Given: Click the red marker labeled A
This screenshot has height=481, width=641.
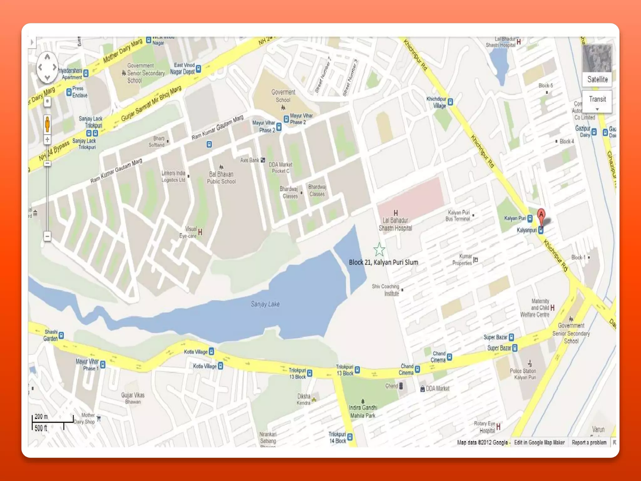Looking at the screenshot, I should (x=541, y=215).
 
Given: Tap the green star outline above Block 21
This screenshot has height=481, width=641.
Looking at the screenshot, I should (x=379, y=249).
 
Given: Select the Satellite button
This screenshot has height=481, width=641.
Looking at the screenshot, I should (x=597, y=79).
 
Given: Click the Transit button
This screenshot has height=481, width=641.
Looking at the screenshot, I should (x=597, y=100).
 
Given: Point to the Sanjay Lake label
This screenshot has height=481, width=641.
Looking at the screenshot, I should (x=265, y=304).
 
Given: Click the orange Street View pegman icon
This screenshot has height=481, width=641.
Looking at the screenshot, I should (x=47, y=124).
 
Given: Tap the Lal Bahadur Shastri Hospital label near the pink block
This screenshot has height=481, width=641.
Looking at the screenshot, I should (x=395, y=224).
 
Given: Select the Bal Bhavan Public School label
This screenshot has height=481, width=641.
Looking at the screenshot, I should (x=221, y=178).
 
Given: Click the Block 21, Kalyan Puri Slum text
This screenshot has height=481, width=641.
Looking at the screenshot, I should (x=383, y=262).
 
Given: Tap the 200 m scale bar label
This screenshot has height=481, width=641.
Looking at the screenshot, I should (x=41, y=416).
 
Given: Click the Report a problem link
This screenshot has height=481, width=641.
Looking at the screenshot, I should (x=589, y=442).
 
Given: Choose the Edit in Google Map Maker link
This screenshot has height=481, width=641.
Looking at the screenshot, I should (x=539, y=442).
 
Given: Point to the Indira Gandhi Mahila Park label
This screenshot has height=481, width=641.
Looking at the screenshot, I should (x=363, y=411).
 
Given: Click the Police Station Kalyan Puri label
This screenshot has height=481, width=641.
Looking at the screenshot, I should (x=523, y=374).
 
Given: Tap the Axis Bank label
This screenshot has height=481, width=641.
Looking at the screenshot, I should (x=250, y=160).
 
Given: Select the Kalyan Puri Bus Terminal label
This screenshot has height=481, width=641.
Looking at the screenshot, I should (x=458, y=215).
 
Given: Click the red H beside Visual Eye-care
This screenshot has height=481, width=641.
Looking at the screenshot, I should (x=200, y=232).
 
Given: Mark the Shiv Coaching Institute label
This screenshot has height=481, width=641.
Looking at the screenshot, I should (x=386, y=290).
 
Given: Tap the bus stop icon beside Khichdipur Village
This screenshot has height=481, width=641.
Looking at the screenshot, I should (x=450, y=102).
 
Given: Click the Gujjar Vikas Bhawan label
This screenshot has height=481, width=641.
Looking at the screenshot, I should (x=133, y=398).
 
